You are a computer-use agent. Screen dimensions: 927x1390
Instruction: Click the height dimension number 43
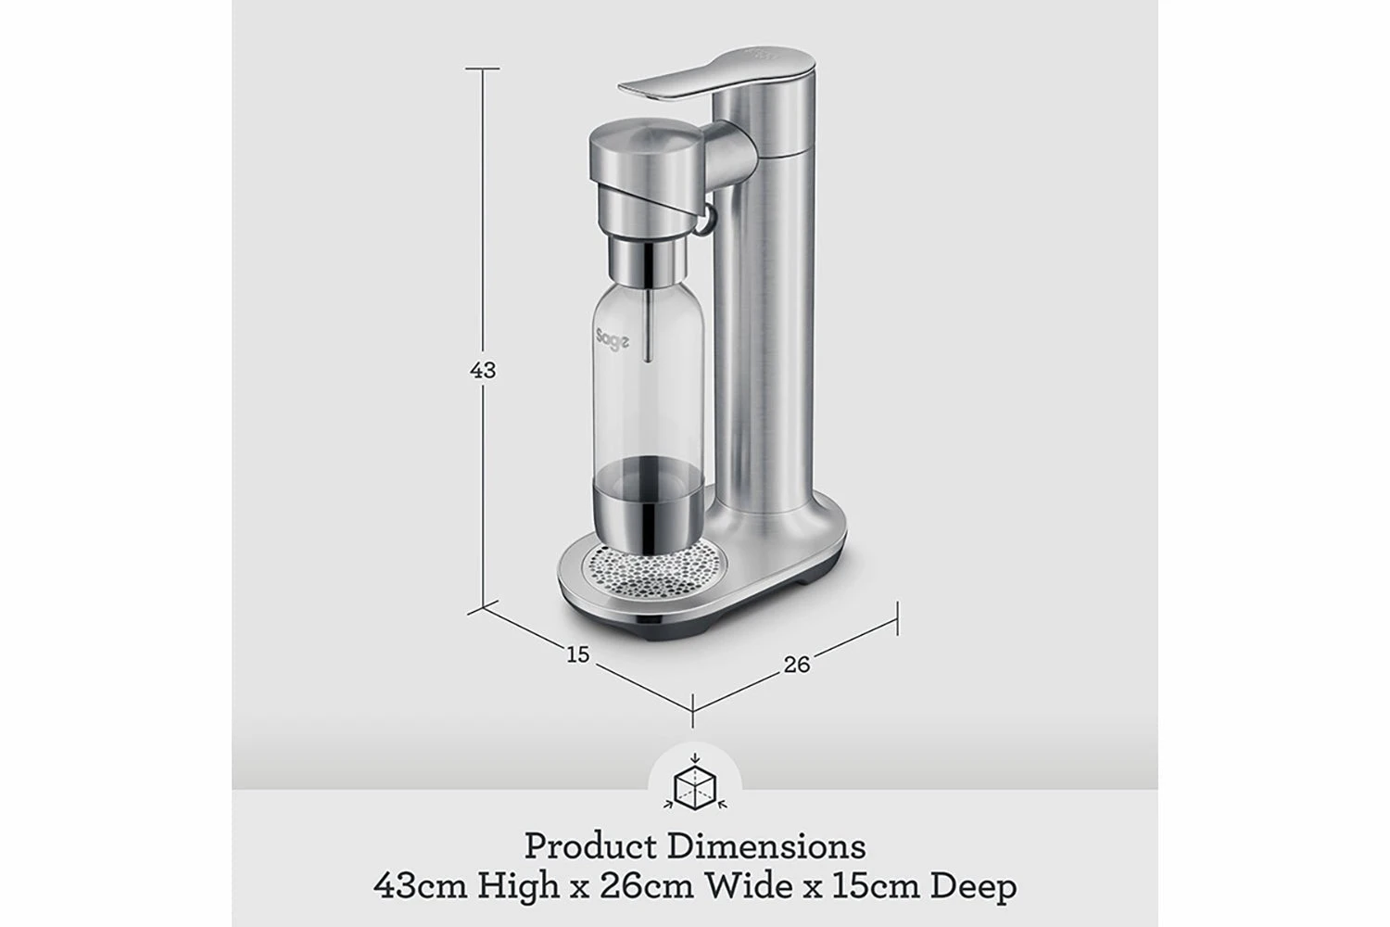point(483,370)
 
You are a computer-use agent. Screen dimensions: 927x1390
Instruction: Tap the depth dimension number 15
point(577,654)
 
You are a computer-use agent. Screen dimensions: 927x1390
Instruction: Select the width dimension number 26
point(796,664)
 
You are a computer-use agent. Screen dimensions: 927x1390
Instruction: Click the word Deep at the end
point(973,886)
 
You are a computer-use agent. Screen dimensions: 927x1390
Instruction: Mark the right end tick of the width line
point(897,617)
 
